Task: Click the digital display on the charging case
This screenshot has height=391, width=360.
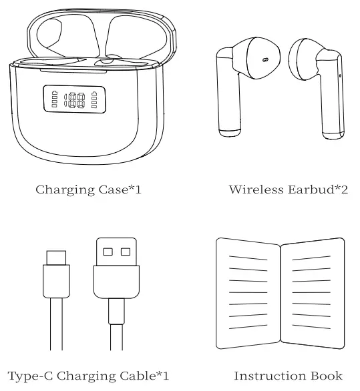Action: click(x=74, y=100)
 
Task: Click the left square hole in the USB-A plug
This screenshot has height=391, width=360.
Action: click(x=108, y=252)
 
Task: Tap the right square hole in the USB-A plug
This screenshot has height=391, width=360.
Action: click(x=125, y=252)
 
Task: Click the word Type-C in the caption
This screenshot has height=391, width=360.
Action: click(x=26, y=376)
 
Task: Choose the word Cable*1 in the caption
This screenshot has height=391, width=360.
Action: click(x=144, y=376)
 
